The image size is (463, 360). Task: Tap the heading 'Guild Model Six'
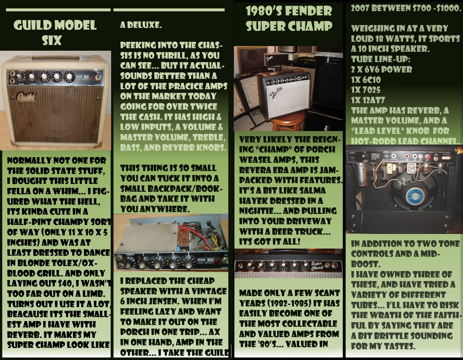(x=55, y=32)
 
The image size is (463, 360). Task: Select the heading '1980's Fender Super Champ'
(x=289, y=19)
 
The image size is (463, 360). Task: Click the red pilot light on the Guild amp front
(x=91, y=77)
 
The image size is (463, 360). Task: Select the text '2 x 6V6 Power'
(x=382, y=70)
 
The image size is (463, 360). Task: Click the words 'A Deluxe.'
(x=141, y=25)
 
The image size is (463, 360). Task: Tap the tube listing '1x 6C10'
(x=366, y=80)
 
